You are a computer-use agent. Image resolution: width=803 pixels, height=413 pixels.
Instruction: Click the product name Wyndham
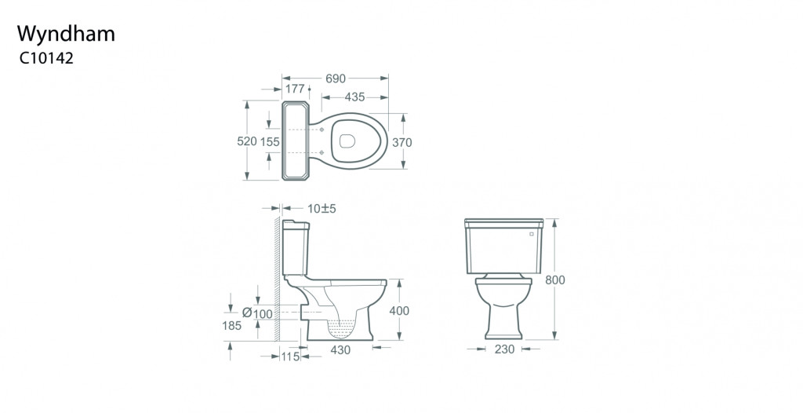point(66,35)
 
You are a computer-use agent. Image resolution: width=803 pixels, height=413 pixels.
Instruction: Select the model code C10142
point(46,58)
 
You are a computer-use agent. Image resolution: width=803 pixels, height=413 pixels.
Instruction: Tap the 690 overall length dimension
point(336,79)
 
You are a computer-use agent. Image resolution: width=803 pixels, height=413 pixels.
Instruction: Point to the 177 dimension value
point(295,89)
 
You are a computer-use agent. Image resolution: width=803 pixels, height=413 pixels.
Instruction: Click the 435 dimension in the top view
point(354,97)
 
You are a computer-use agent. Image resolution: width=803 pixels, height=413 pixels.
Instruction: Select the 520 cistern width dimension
point(247,141)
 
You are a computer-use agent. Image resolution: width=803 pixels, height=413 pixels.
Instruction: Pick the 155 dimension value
point(270,141)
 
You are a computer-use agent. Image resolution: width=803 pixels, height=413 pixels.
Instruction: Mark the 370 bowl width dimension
point(402,143)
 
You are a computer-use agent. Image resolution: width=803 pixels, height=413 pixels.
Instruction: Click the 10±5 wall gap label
point(322,209)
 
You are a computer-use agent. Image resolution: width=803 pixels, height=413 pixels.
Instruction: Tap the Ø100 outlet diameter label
point(257,313)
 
